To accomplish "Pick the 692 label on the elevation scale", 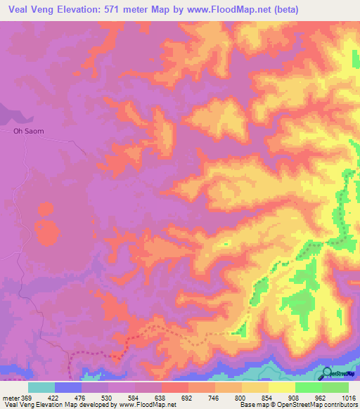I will pos(188,398).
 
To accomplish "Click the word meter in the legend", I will pos(11,398).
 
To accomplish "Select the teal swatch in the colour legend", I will pos(41,387).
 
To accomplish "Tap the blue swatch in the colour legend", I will pos(68,387).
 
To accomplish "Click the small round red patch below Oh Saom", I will pos(46,209).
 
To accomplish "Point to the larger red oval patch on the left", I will pos(48,233).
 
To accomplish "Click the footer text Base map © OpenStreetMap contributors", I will pos(298,405).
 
